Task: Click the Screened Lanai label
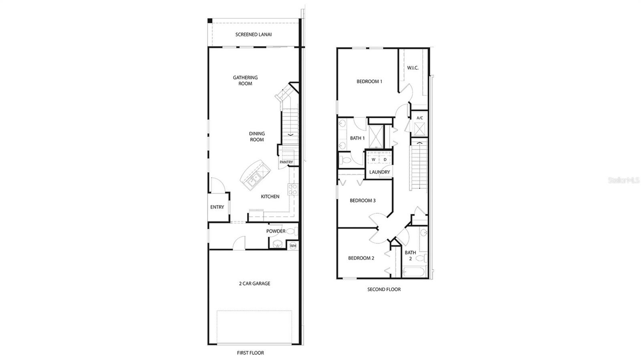pos(253,34)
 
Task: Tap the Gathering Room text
pos(245,80)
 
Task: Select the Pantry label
pos(286,162)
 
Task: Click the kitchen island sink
pos(253,181)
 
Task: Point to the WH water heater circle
pos(293,245)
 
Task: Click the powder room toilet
pos(292,231)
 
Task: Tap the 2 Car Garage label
pos(254,284)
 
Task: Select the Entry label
pos(217,207)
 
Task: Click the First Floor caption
pos(250,353)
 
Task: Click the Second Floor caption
pos(384,289)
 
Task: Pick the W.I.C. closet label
pos(413,68)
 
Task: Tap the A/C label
pos(419,118)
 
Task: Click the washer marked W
pos(373,159)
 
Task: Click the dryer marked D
pos(385,159)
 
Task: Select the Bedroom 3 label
pos(362,201)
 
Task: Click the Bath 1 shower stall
pos(376,137)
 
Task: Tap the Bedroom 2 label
pos(361,258)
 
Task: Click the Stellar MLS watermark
pos(624,181)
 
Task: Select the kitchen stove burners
pos(293,189)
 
